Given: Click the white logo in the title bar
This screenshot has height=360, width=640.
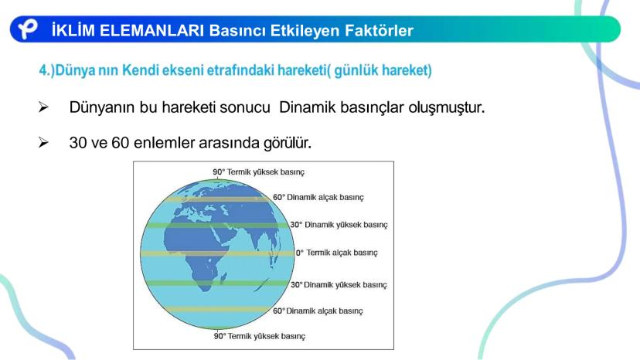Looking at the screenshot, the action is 28,29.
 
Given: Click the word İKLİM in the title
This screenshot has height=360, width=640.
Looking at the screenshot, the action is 73,30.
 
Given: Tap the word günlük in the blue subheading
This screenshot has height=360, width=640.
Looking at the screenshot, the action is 356,70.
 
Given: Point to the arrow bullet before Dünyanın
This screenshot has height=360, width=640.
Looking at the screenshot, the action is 43,107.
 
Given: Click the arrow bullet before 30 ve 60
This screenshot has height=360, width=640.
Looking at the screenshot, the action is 43,142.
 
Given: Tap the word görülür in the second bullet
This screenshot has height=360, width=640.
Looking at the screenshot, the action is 287,143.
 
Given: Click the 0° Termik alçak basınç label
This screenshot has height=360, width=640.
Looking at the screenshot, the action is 337,253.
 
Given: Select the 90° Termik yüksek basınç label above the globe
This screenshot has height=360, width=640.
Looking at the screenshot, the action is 258,172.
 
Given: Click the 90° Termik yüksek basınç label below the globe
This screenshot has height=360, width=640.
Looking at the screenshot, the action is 260,336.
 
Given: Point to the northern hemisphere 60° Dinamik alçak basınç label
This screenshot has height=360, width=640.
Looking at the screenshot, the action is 318,197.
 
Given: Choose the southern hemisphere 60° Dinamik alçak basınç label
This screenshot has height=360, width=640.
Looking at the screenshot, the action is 318,311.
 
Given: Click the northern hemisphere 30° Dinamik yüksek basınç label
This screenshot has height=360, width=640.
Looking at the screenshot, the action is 339,225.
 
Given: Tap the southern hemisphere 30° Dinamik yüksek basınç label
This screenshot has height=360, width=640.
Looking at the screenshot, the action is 339,284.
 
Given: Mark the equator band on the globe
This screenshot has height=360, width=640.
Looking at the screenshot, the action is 217,253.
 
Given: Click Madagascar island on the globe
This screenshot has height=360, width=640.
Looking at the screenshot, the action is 223,279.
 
